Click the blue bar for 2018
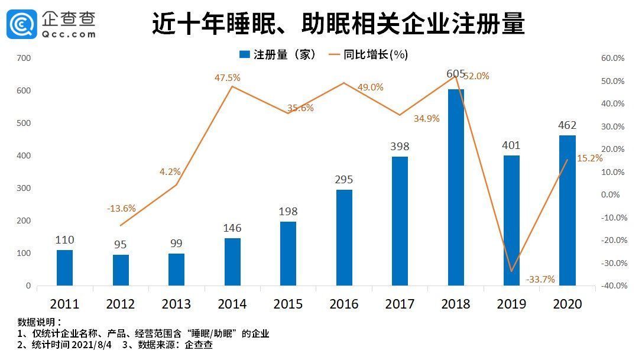pyautogui.click(x=456, y=187)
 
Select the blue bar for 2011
pyautogui.click(x=64, y=268)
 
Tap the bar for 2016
pyautogui.click(x=344, y=238)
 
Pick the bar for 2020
pyautogui.click(x=567, y=210)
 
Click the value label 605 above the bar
pyautogui.click(x=456, y=74)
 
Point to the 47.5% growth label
pyautogui.click(x=228, y=77)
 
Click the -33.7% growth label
pyautogui.click(x=540, y=279)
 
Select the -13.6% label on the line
pyautogui.click(x=121, y=208)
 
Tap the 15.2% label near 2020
pyautogui.click(x=589, y=158)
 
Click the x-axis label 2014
pyautogui.click(x=232, y=304)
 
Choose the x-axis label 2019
pyautogui.click(x=511, y=304)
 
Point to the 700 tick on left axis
pyautogui.click(x=24, y=58)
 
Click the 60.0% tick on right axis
pyautogui.click(x=612, y=58)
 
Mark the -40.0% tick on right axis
pyautogui.click(x=612, y=286)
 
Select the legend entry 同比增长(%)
pyautogui.click(x=377, y=54)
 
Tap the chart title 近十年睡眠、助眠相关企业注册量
pyautogui.click(x=338, y=24)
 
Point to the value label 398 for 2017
pyautogui.click(x=400, y=146)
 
